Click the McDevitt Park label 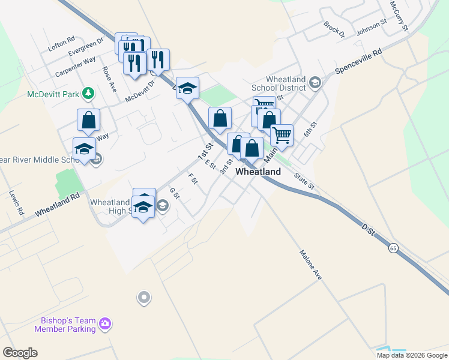(53, 94)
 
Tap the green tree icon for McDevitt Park (88, 93)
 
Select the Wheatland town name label (258, 172)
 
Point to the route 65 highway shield (393, 248)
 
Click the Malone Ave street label (311, 265)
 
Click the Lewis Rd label (16, 203)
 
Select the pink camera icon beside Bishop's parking (105, 324)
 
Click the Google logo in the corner (20, 353)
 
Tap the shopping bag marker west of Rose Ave (89, 120)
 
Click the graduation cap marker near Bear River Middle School (84, 149)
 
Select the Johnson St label (372, 27)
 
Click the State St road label (304, 181)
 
